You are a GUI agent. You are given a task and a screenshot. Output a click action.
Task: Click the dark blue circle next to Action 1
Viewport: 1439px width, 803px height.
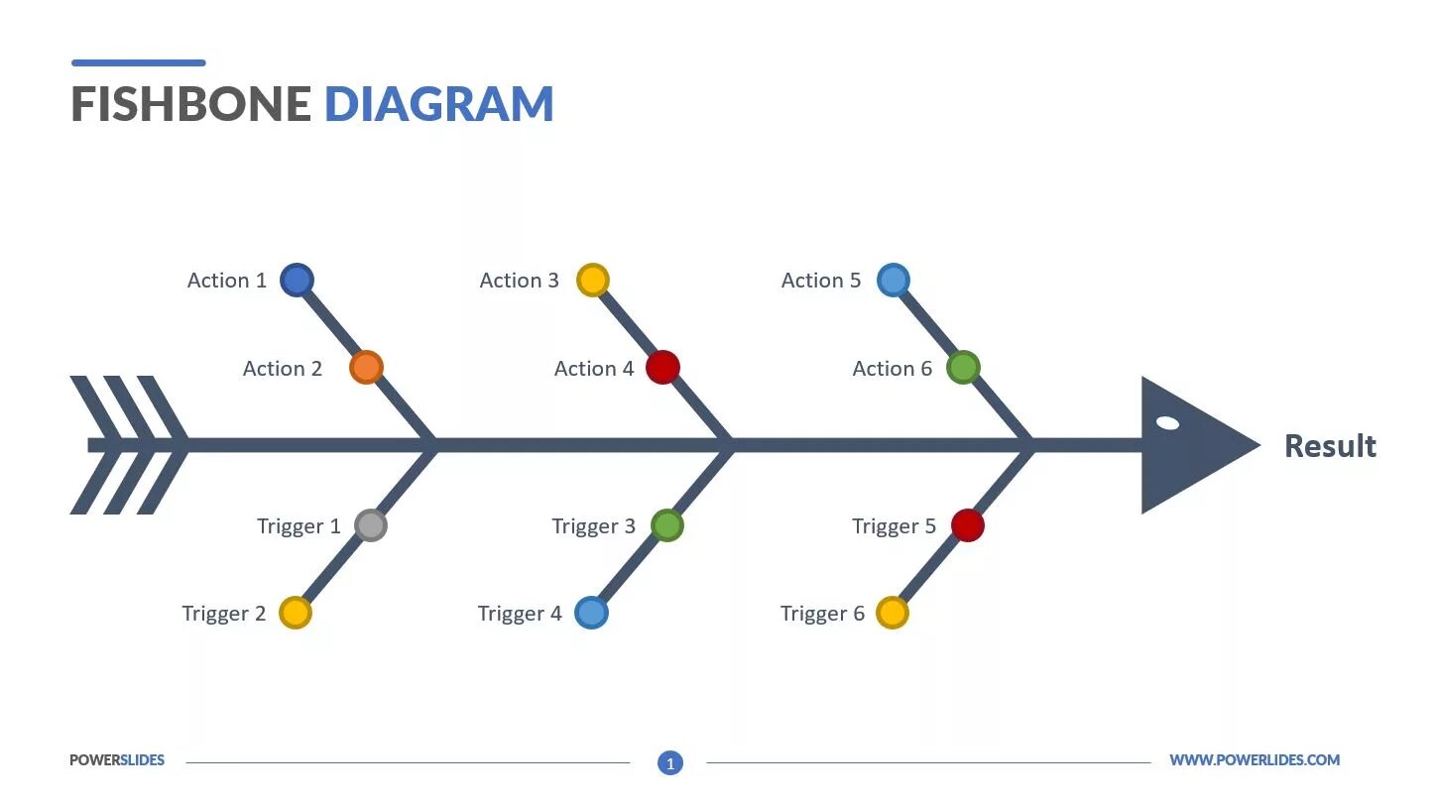(297, 280)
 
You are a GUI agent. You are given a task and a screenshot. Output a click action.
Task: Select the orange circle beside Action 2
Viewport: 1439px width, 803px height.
(366, 368)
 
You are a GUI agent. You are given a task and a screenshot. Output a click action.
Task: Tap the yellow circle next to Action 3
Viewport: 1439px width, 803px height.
(592, 280)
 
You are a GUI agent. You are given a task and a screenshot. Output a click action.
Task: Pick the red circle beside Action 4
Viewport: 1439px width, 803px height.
(662, 368)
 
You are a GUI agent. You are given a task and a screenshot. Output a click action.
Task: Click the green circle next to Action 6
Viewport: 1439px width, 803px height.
(963, 368)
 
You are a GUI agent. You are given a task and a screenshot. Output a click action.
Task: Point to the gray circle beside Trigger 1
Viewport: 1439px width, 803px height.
(370, 525)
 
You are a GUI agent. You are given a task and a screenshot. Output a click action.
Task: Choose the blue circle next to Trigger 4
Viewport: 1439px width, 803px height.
(591, 613)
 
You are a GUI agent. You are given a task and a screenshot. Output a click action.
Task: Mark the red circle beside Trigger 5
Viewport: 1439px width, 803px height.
(967, 525)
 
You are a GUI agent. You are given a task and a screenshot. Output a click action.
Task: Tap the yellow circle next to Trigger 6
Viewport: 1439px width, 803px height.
(892, 613)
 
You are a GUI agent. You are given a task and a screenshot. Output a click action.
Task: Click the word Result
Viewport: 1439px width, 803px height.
(1330, 446)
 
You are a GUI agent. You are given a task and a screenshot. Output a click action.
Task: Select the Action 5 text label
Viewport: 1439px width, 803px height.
(820, 281)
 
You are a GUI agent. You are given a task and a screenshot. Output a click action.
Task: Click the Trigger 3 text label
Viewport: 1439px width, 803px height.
(593, 526)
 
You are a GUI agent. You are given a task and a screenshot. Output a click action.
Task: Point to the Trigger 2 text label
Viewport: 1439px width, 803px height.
(224, 614)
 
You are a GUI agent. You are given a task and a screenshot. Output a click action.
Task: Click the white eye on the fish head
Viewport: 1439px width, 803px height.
(1168, 423)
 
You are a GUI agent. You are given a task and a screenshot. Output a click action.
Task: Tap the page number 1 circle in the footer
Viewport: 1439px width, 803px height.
(670, 763)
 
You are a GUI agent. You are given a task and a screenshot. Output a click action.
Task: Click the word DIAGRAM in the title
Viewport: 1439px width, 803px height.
(438, 105)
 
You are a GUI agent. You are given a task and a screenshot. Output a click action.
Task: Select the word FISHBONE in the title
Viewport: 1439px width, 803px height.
(191, 105)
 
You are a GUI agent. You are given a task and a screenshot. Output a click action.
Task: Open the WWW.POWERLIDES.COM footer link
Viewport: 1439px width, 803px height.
(1254, 760)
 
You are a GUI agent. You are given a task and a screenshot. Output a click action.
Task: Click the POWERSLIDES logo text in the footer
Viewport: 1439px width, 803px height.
(117, 760)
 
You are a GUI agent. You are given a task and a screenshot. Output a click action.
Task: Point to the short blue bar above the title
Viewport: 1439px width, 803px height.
(139, 62)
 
